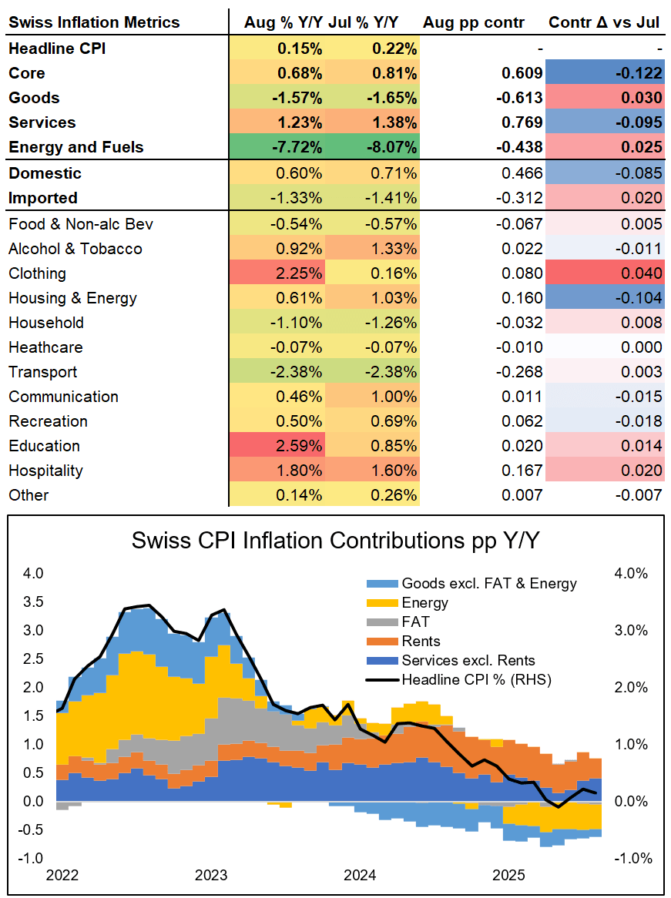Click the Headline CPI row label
57,49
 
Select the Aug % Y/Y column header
283,23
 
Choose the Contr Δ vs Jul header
604,23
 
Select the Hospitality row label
45,471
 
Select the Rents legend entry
421,642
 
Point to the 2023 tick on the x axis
211,876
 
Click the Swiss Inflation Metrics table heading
94,23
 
